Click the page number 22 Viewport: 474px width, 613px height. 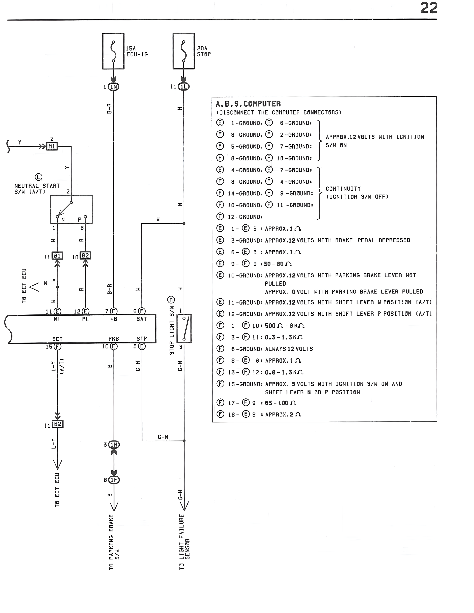(429, 8)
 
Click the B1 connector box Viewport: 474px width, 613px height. (57, 256)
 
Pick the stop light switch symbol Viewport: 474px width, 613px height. (184, 328)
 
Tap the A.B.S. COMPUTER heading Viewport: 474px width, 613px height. (248, 104)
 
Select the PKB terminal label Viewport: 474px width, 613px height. (114, 339)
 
